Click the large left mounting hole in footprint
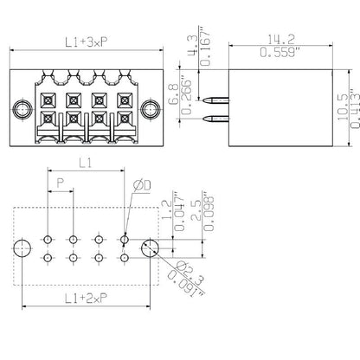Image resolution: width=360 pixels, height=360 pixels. (21, 247)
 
